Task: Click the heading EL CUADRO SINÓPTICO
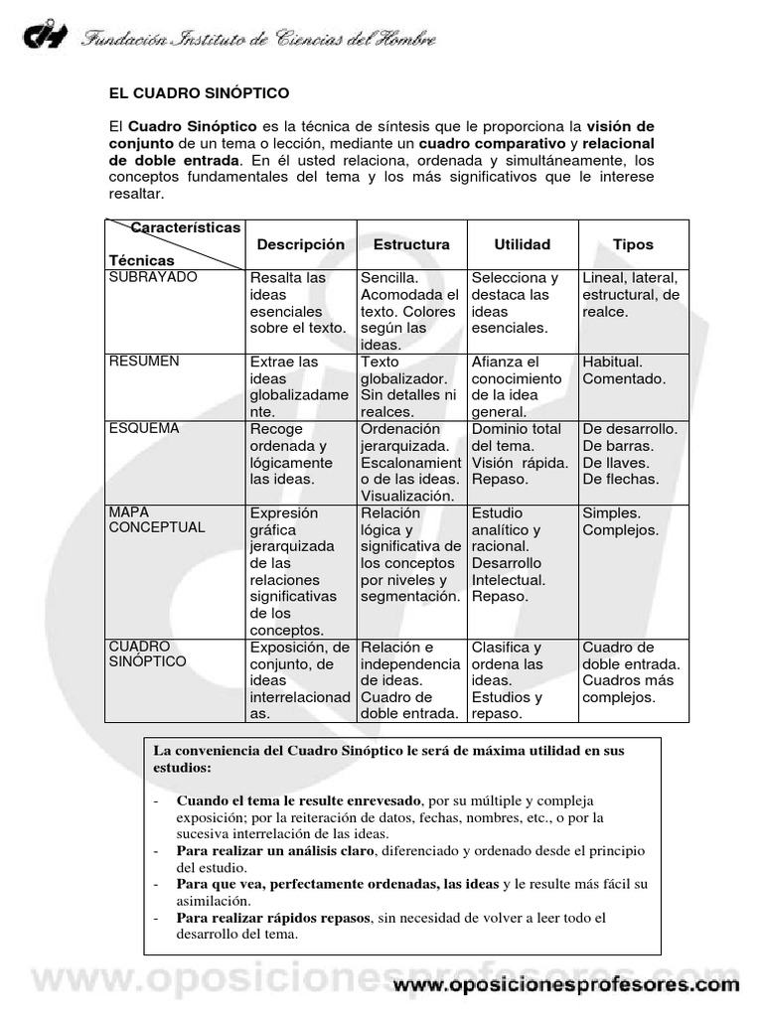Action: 199,93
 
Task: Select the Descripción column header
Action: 300,244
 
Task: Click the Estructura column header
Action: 411,244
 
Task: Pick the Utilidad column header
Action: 522,244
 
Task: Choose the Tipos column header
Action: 633,244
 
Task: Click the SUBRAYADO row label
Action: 153,277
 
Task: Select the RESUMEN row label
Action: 144,362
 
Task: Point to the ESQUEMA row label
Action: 144,428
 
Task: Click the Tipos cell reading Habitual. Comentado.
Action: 624,370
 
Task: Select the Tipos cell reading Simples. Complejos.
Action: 620,521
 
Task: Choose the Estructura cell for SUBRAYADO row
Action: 410,311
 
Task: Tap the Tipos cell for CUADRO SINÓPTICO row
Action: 631,672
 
